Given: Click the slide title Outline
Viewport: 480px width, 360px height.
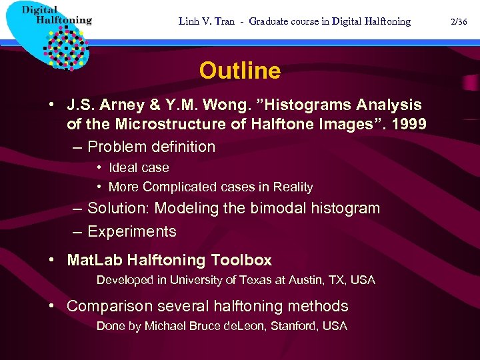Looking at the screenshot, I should coord(239,71).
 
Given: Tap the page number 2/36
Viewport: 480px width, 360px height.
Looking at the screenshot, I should coord(459,21).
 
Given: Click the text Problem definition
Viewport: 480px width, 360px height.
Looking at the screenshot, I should coord(151,147).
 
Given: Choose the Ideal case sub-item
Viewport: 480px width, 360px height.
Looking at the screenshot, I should coord(139,168).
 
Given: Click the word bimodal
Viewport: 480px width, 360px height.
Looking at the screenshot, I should coord(281,208).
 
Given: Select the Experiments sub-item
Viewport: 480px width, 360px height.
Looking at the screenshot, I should coord(132,231).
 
